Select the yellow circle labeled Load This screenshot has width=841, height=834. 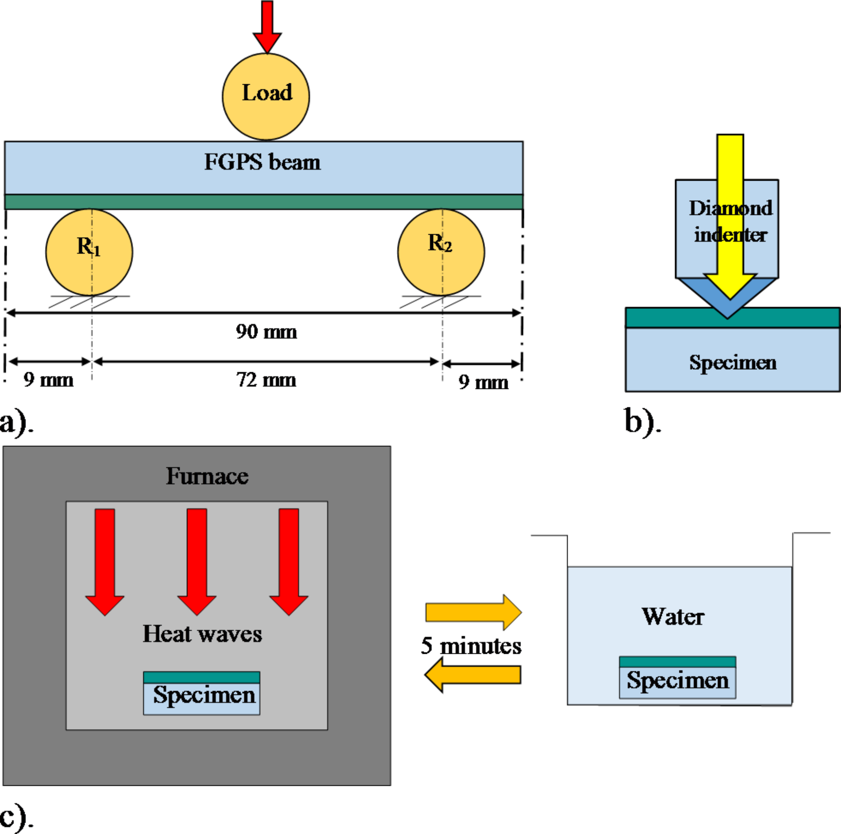coord(266,96)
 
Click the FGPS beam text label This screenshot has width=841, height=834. coord(263,162)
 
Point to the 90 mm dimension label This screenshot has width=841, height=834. coord(266,332)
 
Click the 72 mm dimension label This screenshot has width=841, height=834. coord(266,380)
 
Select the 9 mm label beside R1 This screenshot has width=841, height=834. coord(48,380)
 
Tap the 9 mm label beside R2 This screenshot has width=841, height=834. coord(483,382)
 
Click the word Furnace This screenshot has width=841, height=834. coord(207,476)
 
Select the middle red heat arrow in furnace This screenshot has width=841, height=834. coord(197,559)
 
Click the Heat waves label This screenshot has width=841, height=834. coord(202,634)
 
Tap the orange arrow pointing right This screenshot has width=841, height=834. coord(474,612)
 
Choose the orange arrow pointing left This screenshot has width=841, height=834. coord(473,675)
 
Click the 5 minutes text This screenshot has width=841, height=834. coord(471,645)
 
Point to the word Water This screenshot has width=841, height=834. coord(673,616)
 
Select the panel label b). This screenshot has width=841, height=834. coord(642,422)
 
